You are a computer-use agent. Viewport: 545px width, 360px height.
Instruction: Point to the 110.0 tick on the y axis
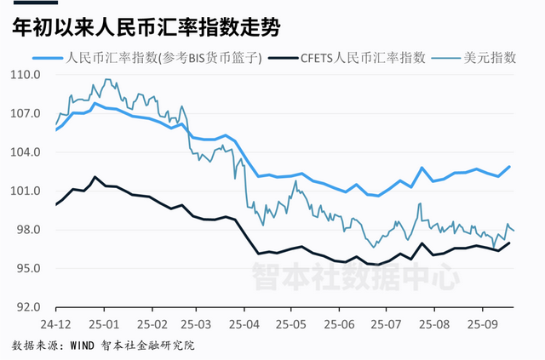point(27,75)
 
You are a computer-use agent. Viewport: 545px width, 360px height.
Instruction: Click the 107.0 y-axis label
point(27,113)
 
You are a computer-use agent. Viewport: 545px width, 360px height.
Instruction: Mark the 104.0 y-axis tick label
point(27,152)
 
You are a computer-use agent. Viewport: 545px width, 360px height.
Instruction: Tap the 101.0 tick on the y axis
point(27,191)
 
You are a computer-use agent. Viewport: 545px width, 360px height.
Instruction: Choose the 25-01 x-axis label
point(106,324)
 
